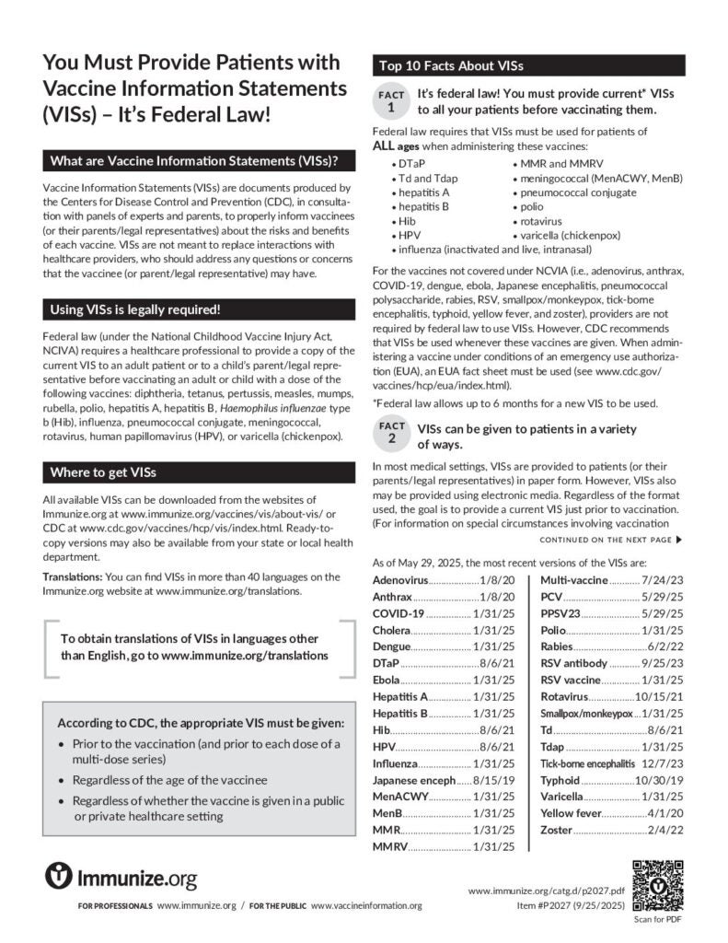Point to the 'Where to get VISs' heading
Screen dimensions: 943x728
point(103,472)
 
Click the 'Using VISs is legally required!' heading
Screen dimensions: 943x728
point(135,309)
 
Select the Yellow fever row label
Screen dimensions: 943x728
point(570,813)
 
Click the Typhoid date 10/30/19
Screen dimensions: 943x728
point(621,780)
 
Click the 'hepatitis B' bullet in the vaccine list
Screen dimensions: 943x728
point(423,206)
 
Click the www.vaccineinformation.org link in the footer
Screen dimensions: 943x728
point(366,906)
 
